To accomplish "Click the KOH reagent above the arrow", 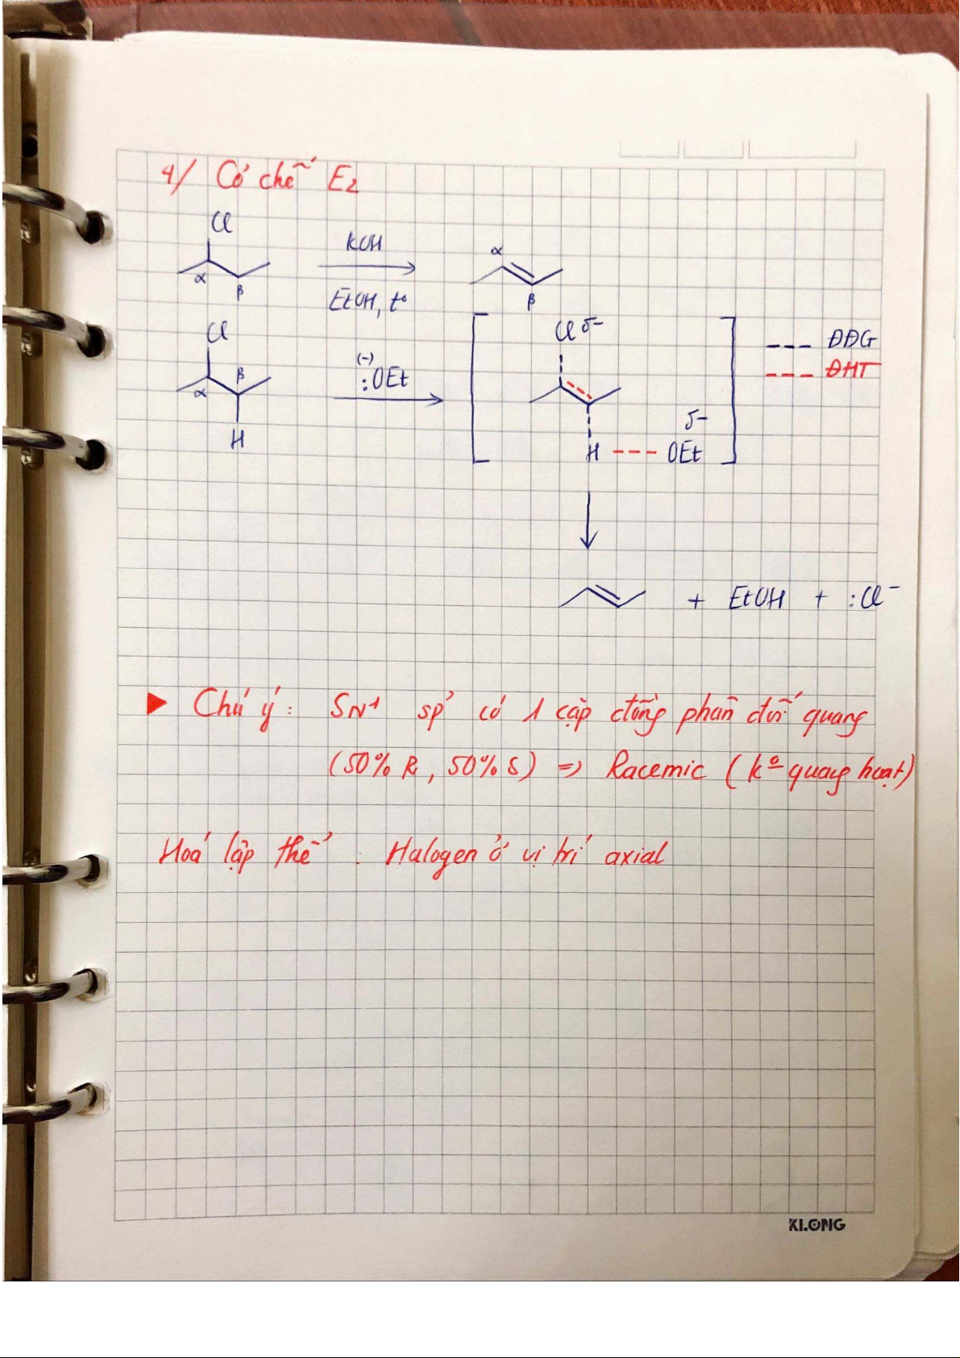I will (x=364, y=242).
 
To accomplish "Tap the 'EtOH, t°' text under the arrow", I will (x=367, y=301).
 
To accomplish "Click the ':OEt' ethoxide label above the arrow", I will (x=385, y=379).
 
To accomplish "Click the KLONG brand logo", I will (x=816, y=1225).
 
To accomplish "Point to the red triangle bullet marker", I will (x=156, y=704).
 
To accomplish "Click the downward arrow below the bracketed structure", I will (x=588, y=520).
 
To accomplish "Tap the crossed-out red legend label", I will (x=850, y=370).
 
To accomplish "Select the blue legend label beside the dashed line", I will (x=850, y=339).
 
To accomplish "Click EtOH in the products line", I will (x=756, y=599).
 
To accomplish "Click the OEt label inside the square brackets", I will (x=684, y=453).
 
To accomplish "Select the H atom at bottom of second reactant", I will (x=237, y=440).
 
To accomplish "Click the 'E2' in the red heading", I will (x=343, y=179).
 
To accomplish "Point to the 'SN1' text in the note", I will (x=355, y=707).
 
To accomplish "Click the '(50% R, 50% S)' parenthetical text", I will (x=431, y=766).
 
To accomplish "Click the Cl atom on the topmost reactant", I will (x=221, y=223).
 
